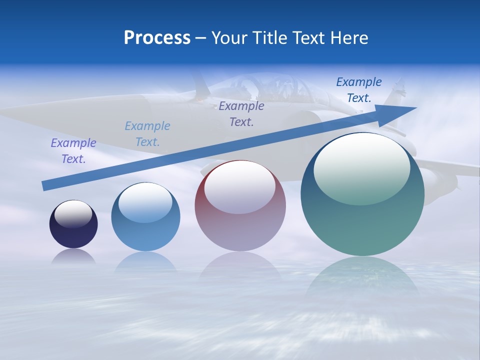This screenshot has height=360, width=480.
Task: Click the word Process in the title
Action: pyautogui.click(x=157, y=38)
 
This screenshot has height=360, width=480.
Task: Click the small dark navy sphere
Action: pyautogui.click(x=73, y=224)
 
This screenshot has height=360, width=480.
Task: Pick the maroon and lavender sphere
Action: pyautogui.click(x=240, y=206)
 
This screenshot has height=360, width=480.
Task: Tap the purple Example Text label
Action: pyautogui.click(x=73, y=151)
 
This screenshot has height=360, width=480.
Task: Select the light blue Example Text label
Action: pyautogui.click(x=147, y=134)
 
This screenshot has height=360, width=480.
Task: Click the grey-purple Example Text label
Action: pyautogui.click(x=241, y=114)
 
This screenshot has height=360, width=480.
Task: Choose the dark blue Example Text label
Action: pyautogui.click(x=359, y=90)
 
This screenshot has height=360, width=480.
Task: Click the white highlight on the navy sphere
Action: pyautogui.click(x=73, y=214)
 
